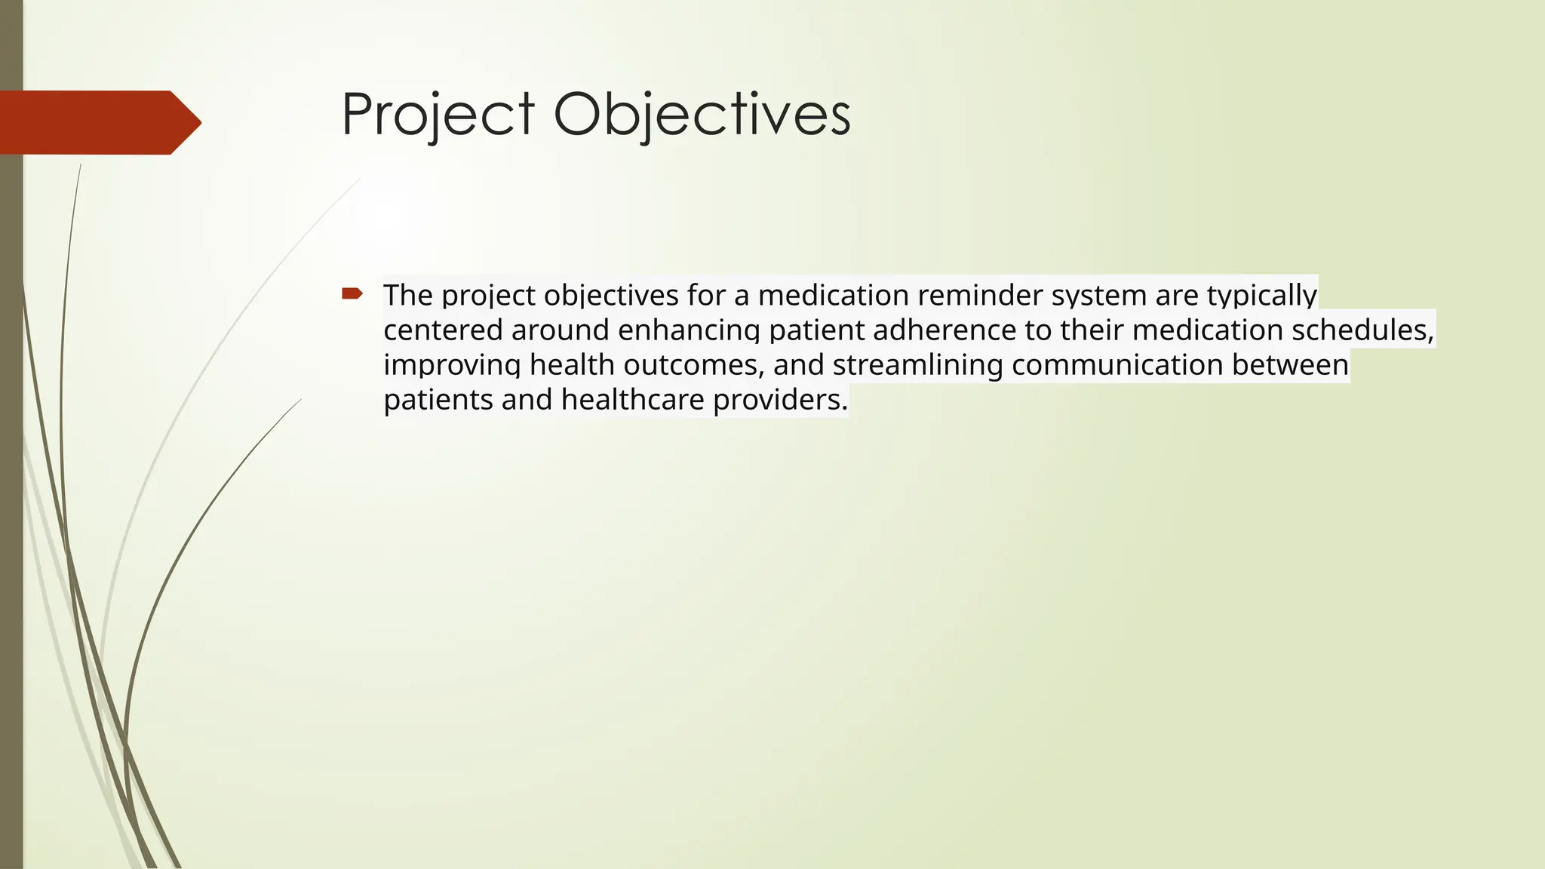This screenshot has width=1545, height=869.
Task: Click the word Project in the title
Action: point(438,115)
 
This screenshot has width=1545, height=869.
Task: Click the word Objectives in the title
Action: point(702,115)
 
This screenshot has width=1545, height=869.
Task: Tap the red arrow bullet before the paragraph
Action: point(352,293)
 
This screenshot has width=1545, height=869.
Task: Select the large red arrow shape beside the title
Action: point(98,122)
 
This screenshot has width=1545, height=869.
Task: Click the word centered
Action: point(443,330)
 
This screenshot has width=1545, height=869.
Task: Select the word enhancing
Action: point(689,330)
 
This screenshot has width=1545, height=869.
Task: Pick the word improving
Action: point(452,365)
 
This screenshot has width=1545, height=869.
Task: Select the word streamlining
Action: point(917,365)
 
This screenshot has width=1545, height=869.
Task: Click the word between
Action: point(1290,365)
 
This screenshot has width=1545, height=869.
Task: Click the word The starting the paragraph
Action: point(408,295)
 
